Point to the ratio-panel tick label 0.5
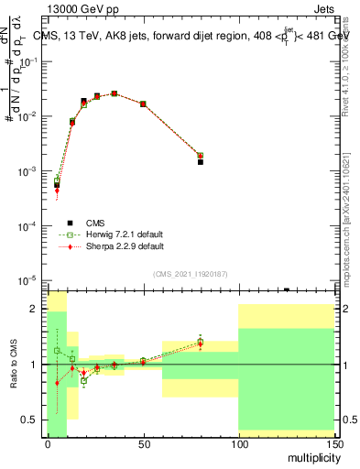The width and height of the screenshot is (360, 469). pyautogui.click(x=31, y=420)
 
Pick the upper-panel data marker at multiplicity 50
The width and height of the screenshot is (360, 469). pyautogui.click(x=143, y=104)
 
